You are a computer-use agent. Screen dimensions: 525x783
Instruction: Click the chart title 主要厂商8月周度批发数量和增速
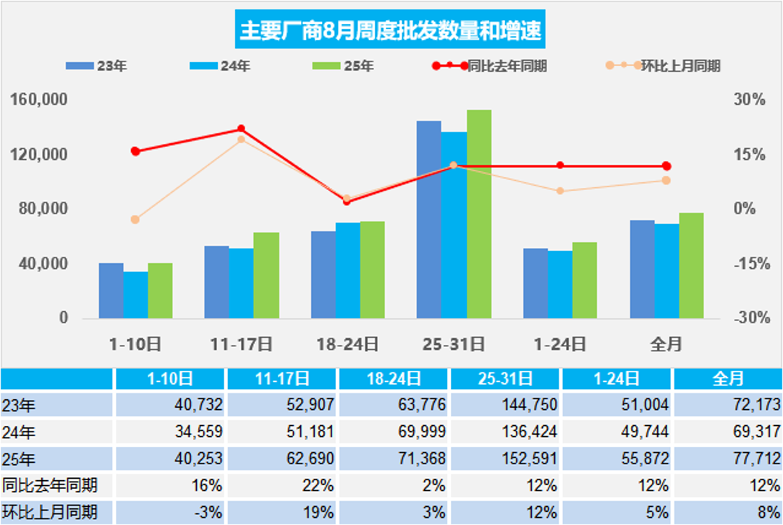tap(391, 32)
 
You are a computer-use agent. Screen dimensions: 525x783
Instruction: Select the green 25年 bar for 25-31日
tap(479, 214)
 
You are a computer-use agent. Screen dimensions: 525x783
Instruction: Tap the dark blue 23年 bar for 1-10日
tap(111, 291)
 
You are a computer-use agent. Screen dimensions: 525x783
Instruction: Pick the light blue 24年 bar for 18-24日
tap(347, 270)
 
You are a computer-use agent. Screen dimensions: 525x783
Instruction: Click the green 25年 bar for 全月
tap(691, 265)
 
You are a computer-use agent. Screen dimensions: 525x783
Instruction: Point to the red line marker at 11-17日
tap(241, 129)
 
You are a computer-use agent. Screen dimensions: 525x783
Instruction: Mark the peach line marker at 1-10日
tap(135, 219)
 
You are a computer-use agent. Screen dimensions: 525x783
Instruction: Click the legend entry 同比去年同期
tap(507, 66)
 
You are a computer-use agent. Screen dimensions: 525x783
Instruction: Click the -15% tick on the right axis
tap(750, 264)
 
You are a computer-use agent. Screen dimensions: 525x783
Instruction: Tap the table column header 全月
tap(727, 378)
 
